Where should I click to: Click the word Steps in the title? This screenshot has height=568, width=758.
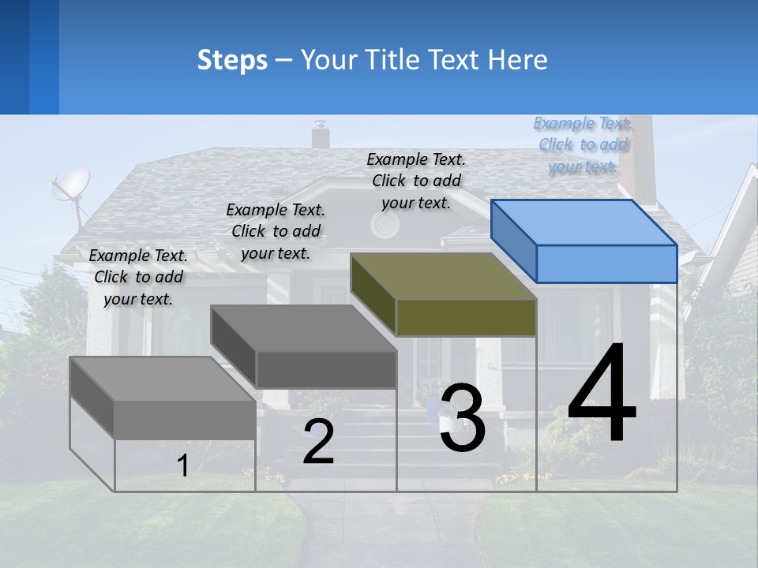tap(232, 60)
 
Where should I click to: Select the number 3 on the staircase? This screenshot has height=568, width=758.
tap(462, 418)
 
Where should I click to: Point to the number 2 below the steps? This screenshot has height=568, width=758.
tap(318, 442)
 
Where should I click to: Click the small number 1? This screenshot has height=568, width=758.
tap(183, 465)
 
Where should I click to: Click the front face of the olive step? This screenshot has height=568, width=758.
tap(466, 318)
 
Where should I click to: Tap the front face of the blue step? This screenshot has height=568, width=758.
tap(606, 263)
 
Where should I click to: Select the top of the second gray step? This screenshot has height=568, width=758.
tap(304, 327)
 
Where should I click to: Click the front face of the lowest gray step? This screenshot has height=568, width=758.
tap(185, 419)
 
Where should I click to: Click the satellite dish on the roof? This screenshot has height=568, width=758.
tap(69, 187)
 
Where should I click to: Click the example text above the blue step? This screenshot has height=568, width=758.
tap(583, 145)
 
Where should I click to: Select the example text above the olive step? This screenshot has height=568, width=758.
tap(416, 181)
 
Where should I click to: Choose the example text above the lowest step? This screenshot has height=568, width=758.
tap(138, 277)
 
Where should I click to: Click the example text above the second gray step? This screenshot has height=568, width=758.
tap(276, 231)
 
